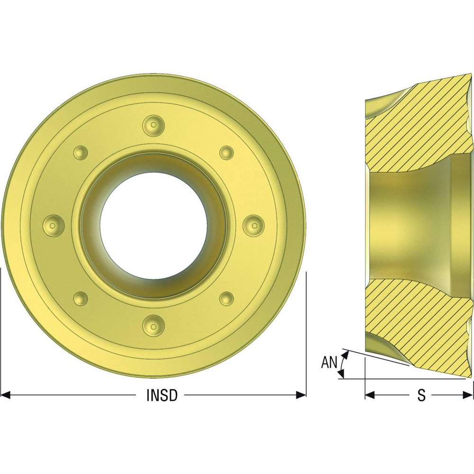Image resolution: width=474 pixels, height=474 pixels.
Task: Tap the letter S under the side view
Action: [421, 395]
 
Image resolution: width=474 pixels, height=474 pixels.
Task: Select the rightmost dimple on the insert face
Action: [253, 224]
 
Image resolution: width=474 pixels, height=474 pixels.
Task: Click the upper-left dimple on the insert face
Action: [81, 153]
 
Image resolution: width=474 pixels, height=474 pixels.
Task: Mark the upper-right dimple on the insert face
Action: [226, 153]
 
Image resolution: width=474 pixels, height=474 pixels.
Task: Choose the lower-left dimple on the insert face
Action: [81, 298]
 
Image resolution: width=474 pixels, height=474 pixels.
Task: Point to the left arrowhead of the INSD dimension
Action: [6, 395]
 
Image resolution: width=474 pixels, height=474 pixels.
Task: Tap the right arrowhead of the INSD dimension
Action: [301, 395]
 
